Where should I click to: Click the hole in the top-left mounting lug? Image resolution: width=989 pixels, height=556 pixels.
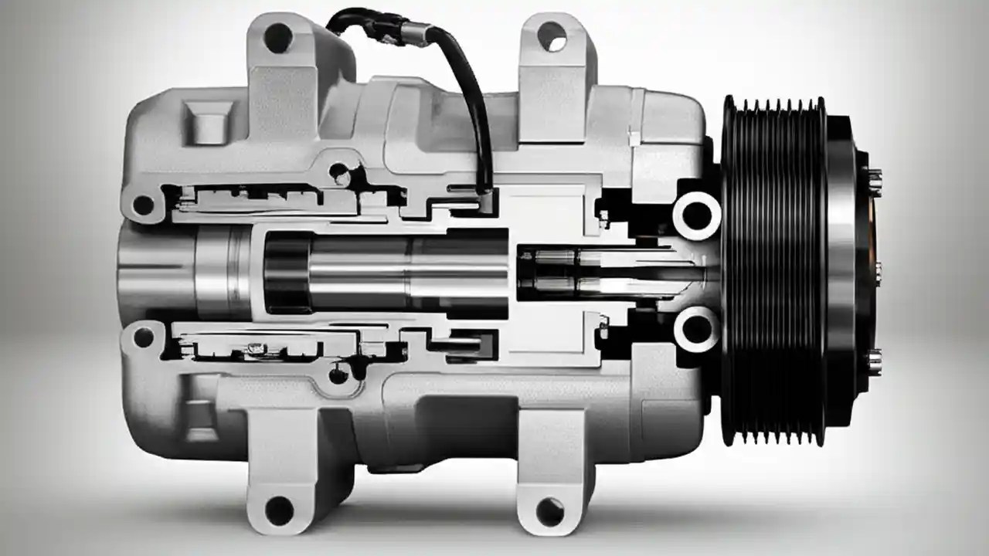point(279,37)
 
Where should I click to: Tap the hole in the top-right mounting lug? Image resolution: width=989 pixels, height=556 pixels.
point(552,36)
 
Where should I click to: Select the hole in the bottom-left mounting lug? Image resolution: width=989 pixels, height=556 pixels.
point(279,510)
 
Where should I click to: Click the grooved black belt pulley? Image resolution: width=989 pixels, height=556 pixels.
point(773,270)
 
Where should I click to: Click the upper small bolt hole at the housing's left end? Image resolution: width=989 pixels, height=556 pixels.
point(143,205)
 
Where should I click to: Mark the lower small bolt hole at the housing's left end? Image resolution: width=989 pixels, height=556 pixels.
point(143,337)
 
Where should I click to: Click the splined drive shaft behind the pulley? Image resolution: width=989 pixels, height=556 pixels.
point(610,273)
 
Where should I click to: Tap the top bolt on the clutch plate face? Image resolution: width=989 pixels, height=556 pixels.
point(875,183)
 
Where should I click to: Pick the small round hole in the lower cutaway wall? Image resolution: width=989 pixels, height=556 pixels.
point(338,376)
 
